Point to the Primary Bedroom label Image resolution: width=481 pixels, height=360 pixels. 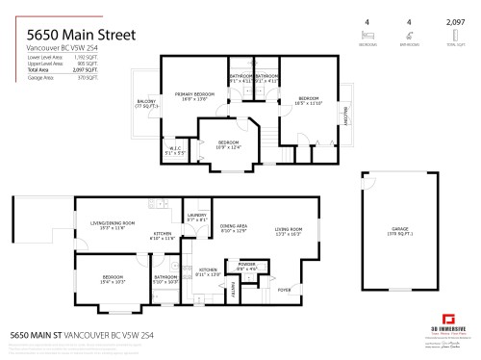click(x=190, y=96)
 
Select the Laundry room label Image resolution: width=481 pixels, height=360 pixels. click(x=197, y=217)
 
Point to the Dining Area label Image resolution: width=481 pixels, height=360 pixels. click(x=234, y=228)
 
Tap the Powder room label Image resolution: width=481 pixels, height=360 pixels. click(x=246, y=267)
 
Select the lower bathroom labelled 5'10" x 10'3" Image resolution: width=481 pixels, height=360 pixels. click(x=167, y=280)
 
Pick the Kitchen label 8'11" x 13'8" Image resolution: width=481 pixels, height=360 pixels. click(x=207, y=272)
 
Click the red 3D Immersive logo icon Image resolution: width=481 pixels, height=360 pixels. click(x=446, y=319)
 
